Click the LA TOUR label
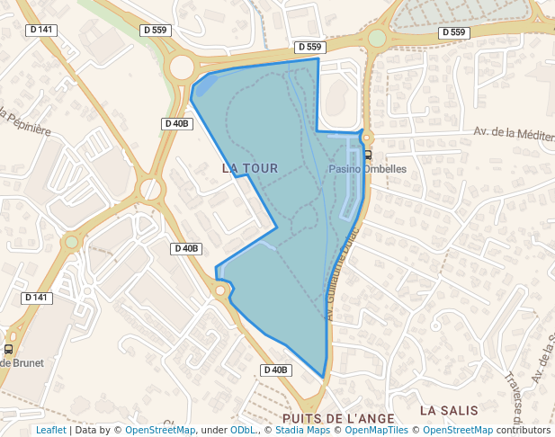pos(249,168)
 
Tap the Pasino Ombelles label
pos(368,168)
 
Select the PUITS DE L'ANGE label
pos(337,418)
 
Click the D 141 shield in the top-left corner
pos(42,30)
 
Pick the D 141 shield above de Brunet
pos(36,297)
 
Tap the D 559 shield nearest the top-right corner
pos(454,32)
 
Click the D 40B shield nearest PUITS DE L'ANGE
pos(276,370)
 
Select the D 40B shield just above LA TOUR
pos(177,123)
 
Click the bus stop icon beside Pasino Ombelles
pos(368,155)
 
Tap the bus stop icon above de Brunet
pos(9,348)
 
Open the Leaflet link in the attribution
pos(51,430)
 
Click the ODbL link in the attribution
pos(243,430)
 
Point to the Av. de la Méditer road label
pos(514,133)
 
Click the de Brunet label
pos(22,362)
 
